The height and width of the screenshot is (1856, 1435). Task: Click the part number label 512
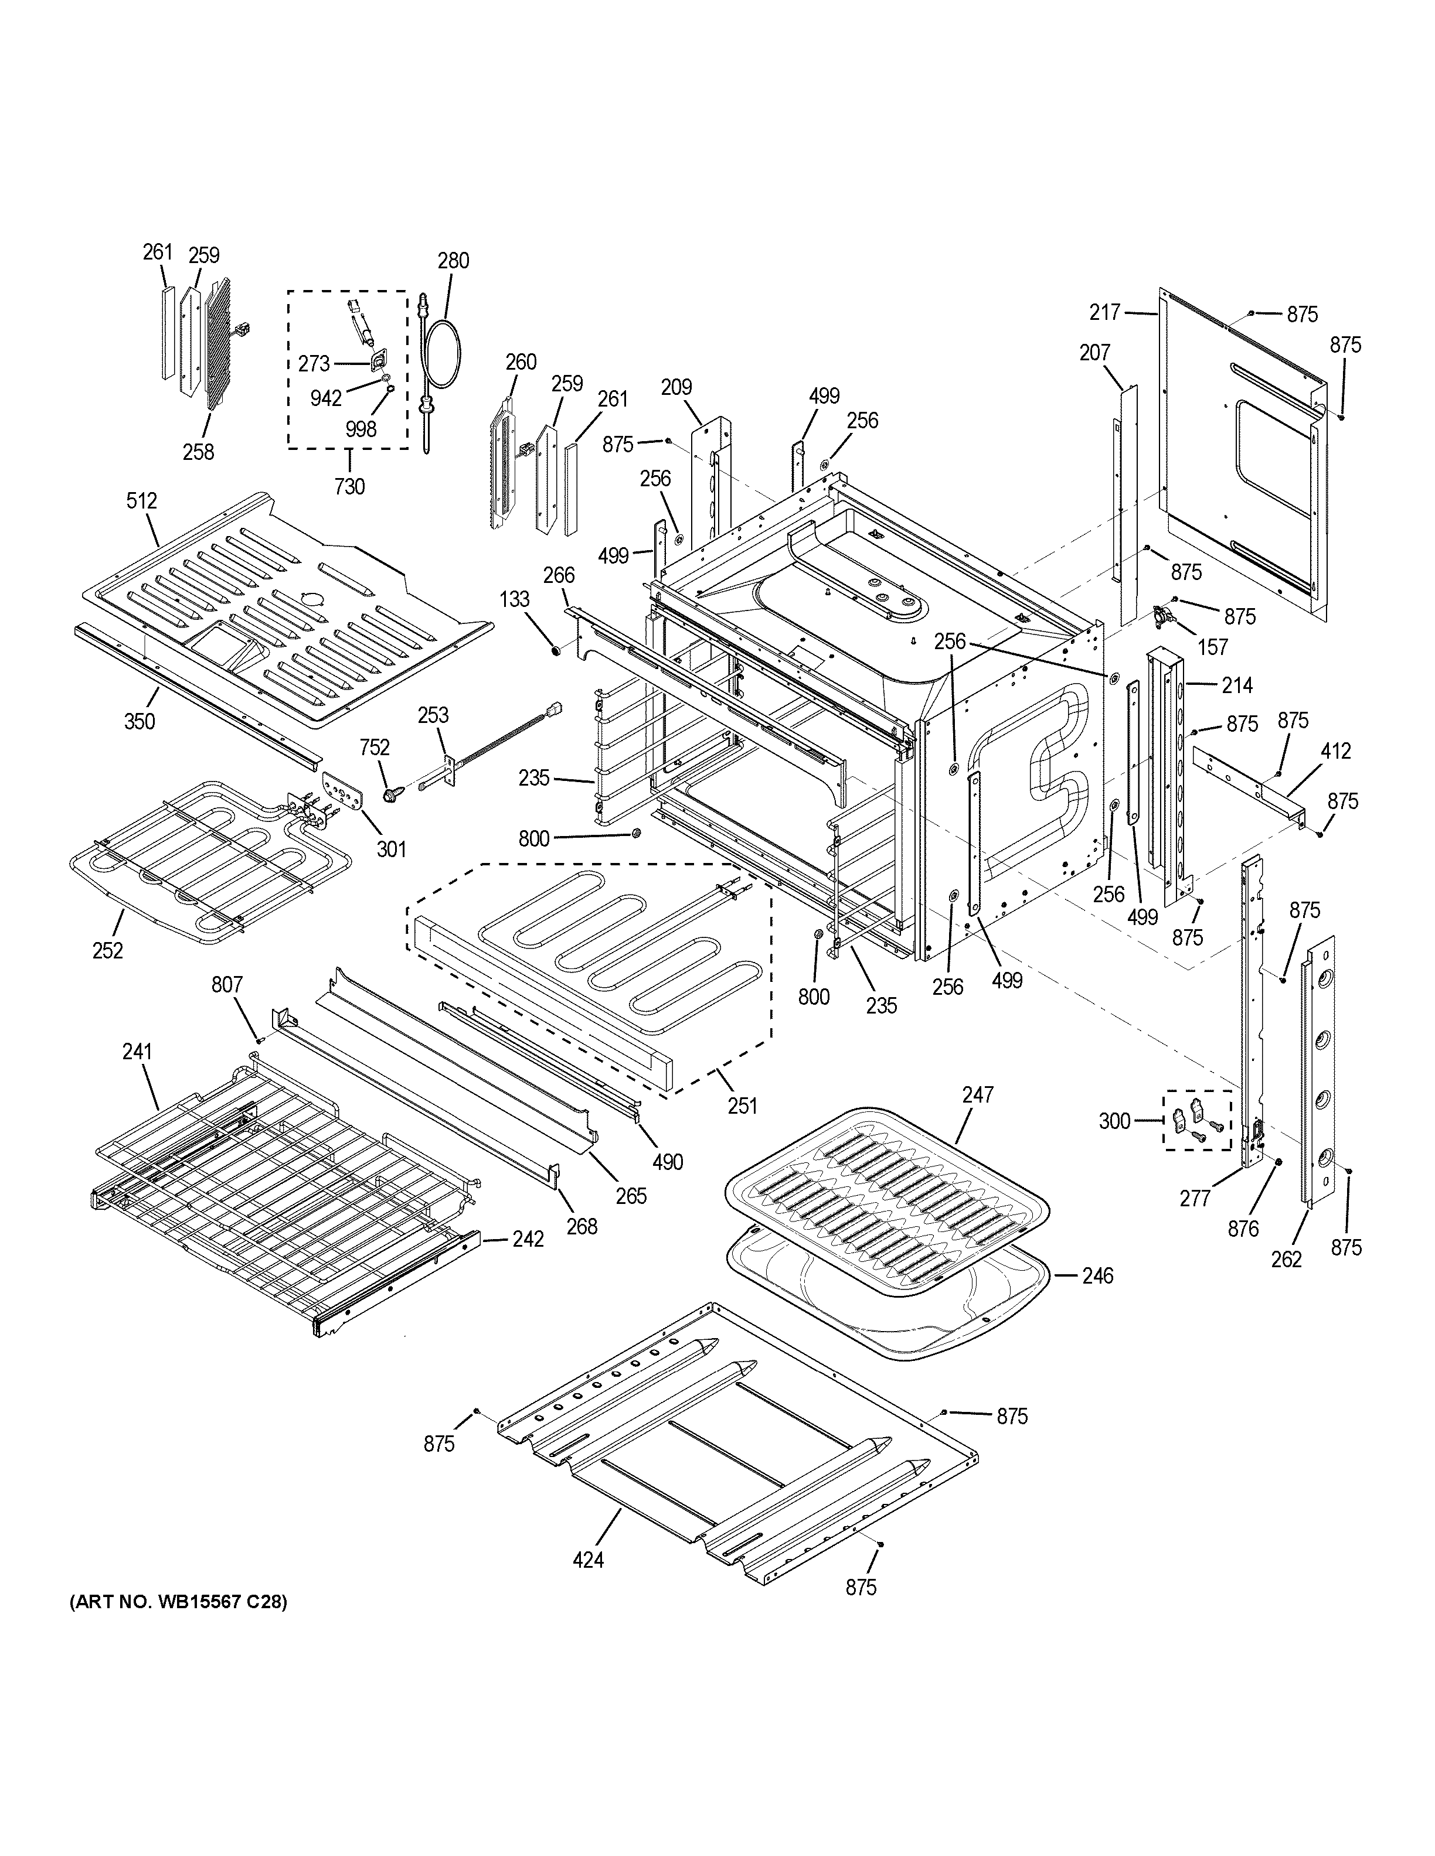(142, 500)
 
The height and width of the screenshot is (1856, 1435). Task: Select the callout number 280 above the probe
(453, 261)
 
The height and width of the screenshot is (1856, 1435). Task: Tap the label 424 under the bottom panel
(589, 1560)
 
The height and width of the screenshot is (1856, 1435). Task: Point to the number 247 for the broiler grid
(978, 1094)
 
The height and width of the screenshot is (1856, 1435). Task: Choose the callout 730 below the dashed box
(349, 486)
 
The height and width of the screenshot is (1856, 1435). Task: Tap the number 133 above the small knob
(514, 600)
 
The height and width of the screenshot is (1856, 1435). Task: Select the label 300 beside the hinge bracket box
(1114, 1121)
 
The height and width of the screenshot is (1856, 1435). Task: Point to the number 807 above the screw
(227, 984)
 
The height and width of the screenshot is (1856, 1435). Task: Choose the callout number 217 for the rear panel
(1105, 313)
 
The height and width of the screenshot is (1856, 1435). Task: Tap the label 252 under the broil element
(108, 950)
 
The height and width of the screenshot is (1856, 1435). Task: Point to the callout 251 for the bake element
(742, 1105)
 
